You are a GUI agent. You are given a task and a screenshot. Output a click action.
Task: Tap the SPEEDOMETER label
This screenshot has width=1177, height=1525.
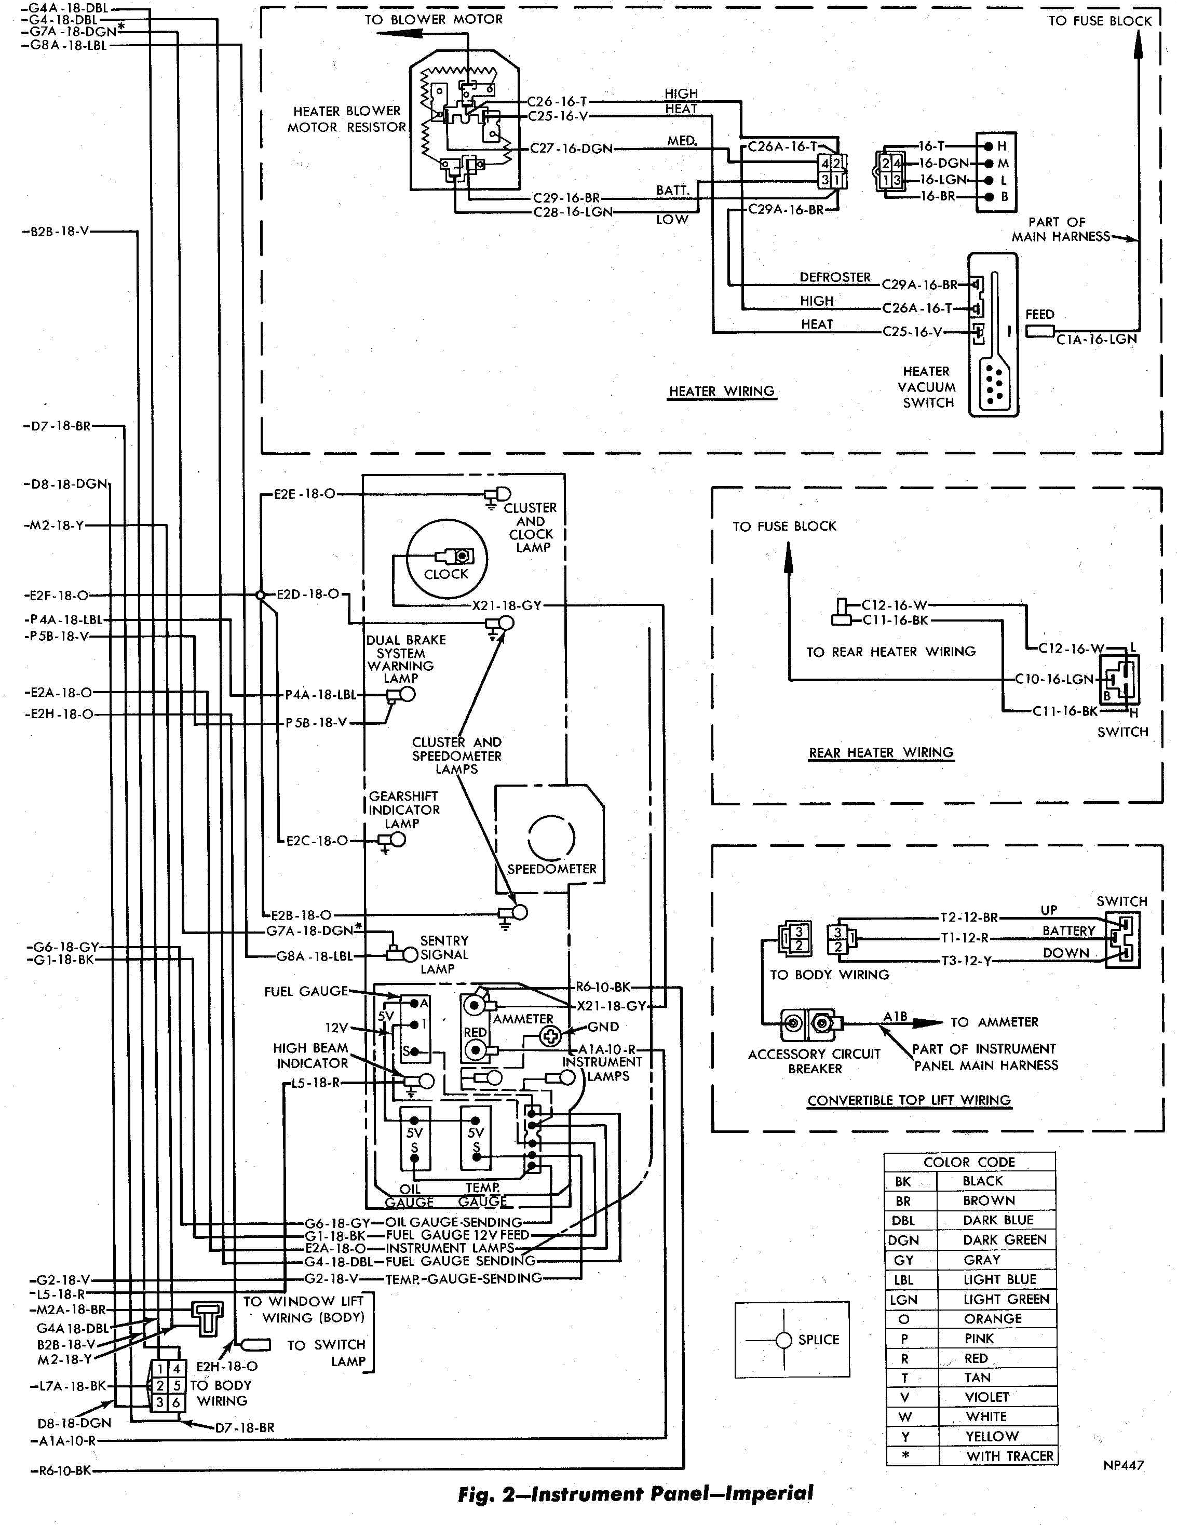(551, 869)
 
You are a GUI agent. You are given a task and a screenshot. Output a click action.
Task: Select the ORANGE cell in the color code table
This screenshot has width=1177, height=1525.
(992, 1319)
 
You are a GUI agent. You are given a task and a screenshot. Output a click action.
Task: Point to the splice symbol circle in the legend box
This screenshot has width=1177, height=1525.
(784, 1340)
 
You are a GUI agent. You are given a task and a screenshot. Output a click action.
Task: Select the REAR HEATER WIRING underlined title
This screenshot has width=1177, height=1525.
(881, 753)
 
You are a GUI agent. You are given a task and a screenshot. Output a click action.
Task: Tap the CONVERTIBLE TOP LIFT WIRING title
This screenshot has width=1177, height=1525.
(909, 1100)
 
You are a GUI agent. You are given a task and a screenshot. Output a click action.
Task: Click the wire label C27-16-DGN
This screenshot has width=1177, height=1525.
(571, 149)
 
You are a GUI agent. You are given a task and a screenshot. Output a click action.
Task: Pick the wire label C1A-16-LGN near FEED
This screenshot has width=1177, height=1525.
(1096, 340)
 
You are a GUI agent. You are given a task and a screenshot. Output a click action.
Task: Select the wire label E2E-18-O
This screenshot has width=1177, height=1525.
(304, 494)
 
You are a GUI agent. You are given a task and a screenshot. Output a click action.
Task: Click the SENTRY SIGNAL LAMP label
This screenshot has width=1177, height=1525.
(443, 954)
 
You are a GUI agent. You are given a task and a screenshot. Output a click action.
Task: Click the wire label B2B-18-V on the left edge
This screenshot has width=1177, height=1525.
(59, 231)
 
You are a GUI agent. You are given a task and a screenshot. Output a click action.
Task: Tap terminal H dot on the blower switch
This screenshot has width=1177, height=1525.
(988, 146)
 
